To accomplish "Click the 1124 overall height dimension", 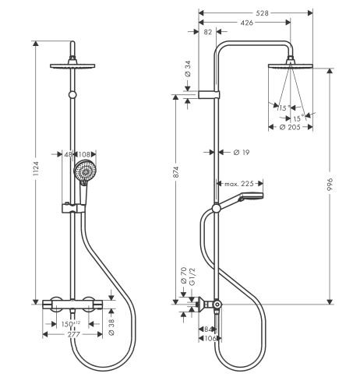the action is pyautogui.click(x=36, y=169).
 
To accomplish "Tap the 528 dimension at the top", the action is pyautogui.click(x=262, y=13).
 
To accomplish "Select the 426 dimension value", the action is pyautogui.click(x=246, y=23).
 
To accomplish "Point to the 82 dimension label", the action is pyautogui.click(x=208, y=32).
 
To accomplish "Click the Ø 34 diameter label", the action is pyautogui.click(x=188, y=69).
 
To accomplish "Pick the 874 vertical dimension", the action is pyautogui.click(x=176, y=172).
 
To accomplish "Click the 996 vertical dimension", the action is pyautogui.click(x=330, y=185).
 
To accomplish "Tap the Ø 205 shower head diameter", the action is pyautogui.click(x=290, y=127).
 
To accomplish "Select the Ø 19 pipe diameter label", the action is pyautogui.click(x=242, y=153).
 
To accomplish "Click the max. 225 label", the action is pyautogui.click(x=239, y=184).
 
